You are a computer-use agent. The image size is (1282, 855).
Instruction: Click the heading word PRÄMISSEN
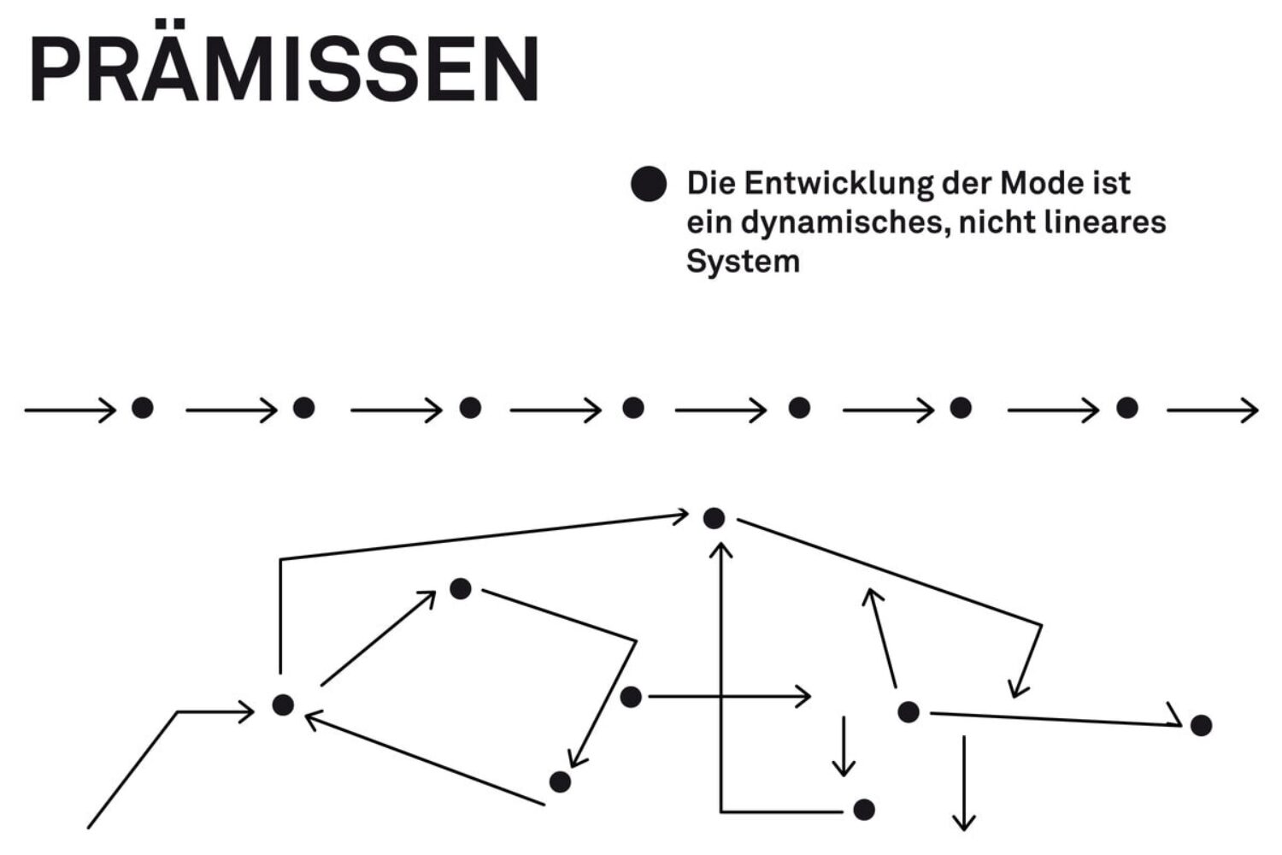pyautogui.click(x=284, y=70)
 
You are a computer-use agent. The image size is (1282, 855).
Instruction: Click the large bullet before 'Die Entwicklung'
pyautogui.click(x=648, y=185)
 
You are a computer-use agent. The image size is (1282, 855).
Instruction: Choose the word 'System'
pyautogui.click(x=743, y=262)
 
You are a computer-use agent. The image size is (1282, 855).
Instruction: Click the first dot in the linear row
pyautogui.click(x=143, y=408)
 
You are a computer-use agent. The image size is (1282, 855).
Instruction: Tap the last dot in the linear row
pyautogui.click(x=1127, y=408)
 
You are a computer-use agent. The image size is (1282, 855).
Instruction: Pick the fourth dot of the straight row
pyautogui.click(x=633, y=408)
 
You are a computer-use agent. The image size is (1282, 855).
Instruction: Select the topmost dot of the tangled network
pyautogui.click(x=714, y=518)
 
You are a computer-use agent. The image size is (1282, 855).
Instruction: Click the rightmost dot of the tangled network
pyautogui.click(x=1201, y=725)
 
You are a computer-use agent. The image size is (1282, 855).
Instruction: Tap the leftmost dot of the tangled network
pyautogui.click(x=283, y=705)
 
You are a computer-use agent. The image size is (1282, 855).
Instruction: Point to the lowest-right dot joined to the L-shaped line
pyautogui.click(x=864, y=809)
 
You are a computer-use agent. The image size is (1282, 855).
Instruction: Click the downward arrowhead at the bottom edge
pyautogui.click(x=964, y=823)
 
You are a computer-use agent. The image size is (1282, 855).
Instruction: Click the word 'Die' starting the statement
pyautogui.click(x=709, y=184)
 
